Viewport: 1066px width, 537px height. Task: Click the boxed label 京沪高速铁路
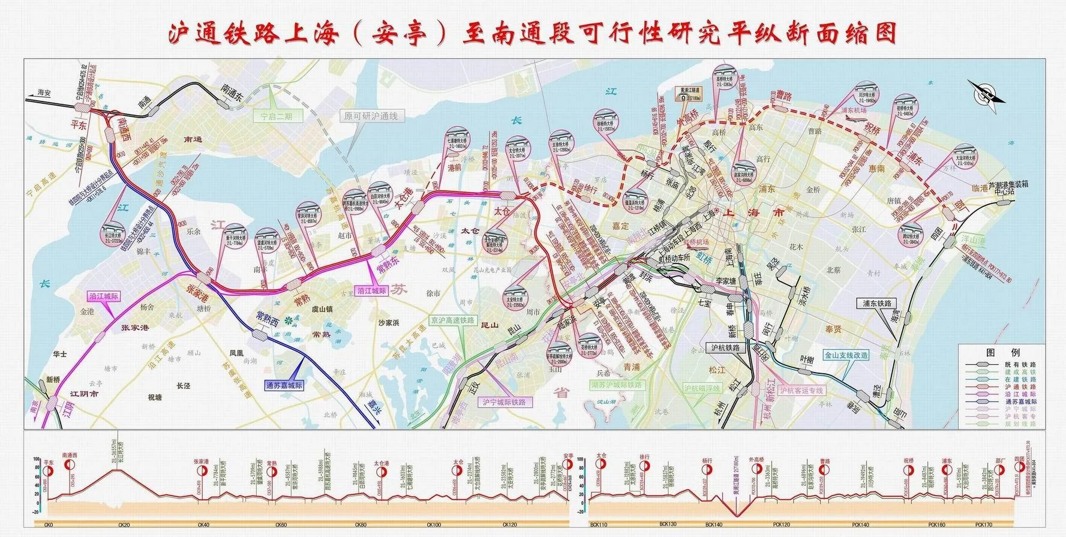pyautogui.click(x=452, y=320)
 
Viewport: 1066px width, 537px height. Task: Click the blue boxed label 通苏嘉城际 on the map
pyautogui.click(x=284, y=386)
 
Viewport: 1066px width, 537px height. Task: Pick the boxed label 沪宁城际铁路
pyautogui.click(x=504, y=401)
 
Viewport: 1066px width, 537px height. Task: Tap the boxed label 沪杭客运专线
pyautogui.click(x=801, y=391)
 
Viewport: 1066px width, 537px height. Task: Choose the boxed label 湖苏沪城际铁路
pyautogui.click(x=615, y=385)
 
